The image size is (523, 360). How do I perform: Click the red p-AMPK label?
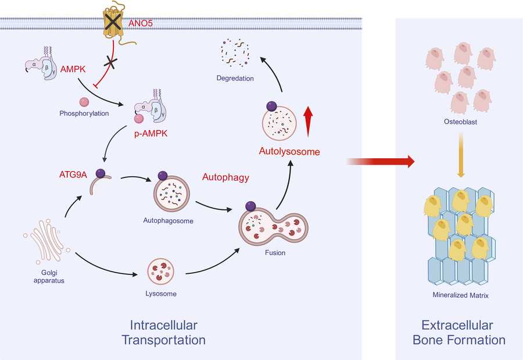coord(154,133)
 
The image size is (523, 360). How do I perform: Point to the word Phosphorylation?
coord(84,113)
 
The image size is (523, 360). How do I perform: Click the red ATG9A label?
coord(73,173)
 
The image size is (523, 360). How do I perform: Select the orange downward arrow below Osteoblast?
coord(460,154)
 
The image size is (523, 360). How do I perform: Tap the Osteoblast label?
coord(460,123)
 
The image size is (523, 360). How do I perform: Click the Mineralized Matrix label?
coord(460,295)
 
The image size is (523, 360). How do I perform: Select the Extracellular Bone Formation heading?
coord(459,332)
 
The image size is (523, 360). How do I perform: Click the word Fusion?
coord(274,253)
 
